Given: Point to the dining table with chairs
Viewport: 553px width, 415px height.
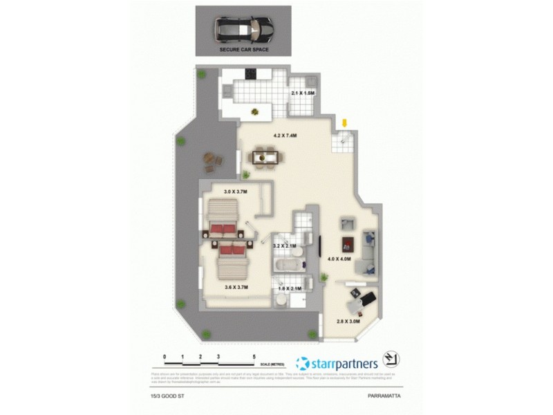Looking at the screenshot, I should point(265,158).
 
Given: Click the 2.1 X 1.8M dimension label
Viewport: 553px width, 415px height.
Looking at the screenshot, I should point(303,92).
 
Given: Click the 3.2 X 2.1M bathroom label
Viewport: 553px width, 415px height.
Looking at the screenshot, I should point(285,245).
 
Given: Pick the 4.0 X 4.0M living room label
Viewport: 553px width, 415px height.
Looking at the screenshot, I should point(340,259).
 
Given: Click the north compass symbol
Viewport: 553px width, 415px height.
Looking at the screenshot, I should point(392,360).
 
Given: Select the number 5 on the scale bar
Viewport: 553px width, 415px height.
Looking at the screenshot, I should point(254,356).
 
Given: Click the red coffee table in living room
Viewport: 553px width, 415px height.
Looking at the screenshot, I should point(348,243).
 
